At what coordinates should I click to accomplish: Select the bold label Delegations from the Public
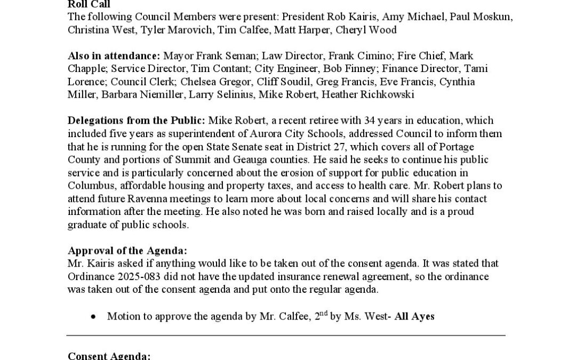click(x=138, y=121)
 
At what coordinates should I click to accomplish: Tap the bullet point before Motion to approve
click(x=93, y=317)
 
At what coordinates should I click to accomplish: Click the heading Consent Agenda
click(x=109, y=356)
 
